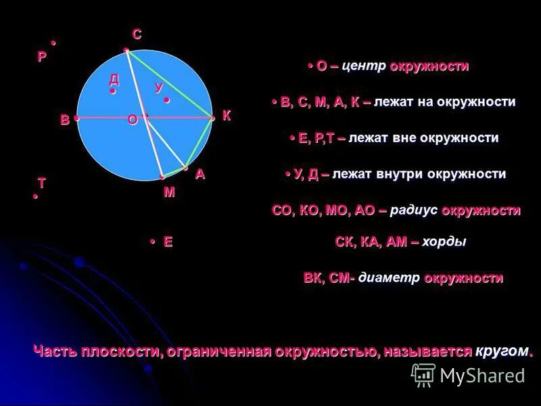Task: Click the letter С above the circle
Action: pos(137,35)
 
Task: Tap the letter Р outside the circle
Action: pos(42,57)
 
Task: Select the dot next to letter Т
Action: pos(35,197)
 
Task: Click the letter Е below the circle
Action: pos(168,242)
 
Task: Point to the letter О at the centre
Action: pos(132,120)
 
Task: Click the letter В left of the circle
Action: pos(64,120)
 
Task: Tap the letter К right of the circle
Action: pos(227,116)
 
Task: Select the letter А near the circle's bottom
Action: pos(199,175)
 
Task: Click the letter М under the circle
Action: pos(169,192)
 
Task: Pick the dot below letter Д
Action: pos(113,91)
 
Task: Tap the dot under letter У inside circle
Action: pos(166,100)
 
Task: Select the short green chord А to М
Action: pos(174,172)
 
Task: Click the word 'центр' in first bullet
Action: pos(364,66)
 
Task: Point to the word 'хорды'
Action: pos(444,242)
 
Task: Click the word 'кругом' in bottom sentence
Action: pos(501,351)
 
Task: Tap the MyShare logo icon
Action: pos(423,374)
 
